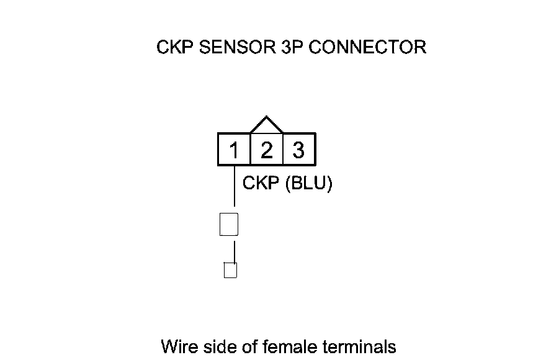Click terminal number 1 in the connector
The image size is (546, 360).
pyautogui.click(x=234, y=150)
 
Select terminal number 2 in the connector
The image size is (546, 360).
pyautogui.click(x=266, y=150)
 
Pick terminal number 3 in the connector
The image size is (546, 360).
pyautogui.click(x=298, y=150)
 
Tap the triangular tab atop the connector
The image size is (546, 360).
pyautogui.click(x=266, y=125)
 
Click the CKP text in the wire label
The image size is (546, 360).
pyautogui.click(x=260, y=184)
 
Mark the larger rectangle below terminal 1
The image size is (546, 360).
pyautogui.click(x=229, y=224)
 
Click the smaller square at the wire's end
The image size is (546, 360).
pyautogui.click(x=230, y=270)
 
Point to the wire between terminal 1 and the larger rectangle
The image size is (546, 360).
pyautogui.click(x=234, y=186)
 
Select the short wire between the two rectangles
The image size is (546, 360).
pyautogui.click(x=234, y=251)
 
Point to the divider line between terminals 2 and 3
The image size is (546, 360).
pyautogui.click(x=283, y=150)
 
